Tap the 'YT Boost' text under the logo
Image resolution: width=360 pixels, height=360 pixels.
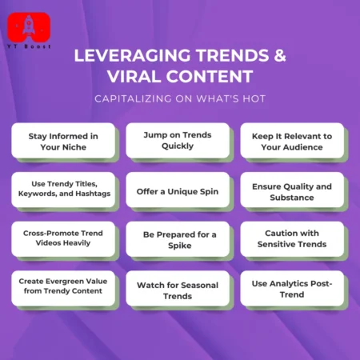tap(28, 48)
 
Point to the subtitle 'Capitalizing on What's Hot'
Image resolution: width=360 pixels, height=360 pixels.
tap(180, 98)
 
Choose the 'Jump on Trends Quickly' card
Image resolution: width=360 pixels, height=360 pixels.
tap(177, 141)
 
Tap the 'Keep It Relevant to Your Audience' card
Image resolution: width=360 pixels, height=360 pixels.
tap(292, 141)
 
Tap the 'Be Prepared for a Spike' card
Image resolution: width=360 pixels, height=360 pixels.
tap(177, 239)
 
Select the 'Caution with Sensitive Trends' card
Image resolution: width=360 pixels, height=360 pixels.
tap(292, 239)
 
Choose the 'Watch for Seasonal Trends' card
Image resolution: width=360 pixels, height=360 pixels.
tap(177, 289)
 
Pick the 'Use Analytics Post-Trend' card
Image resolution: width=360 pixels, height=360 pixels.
tap(292, 289)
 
